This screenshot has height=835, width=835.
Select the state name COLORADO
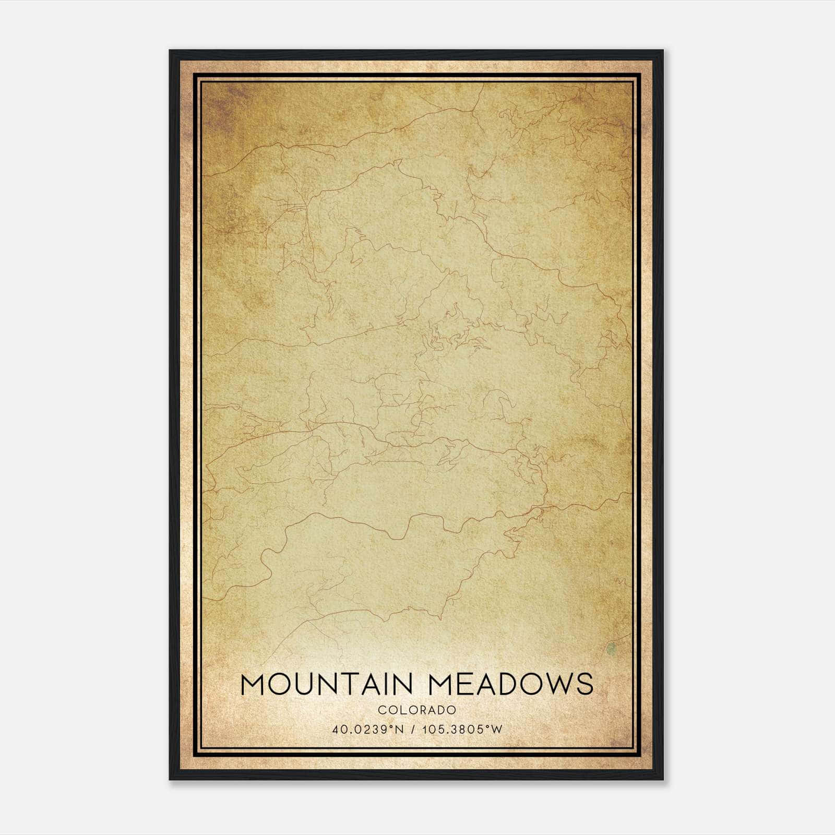[417, 710]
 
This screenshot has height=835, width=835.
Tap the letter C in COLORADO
[381, 710]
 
